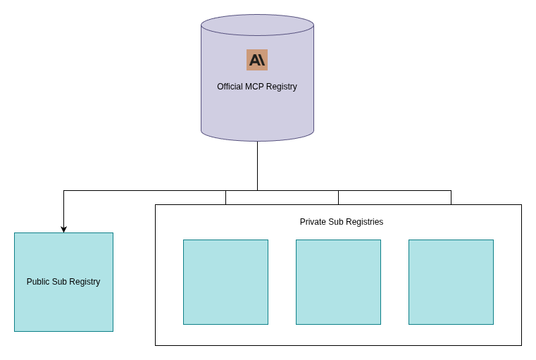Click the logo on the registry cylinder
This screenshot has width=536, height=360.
click(x=257, y=60)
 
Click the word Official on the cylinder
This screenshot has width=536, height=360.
click(x=230, y=87)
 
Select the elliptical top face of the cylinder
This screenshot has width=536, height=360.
click(x=257, y=25)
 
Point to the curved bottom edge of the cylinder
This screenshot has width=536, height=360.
click(x=257, y=140)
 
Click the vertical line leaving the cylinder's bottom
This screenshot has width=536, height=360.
click(x=257, y=166)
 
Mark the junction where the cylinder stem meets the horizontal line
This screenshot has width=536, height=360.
click(x=257, y=190)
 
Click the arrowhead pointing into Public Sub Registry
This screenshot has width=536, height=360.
click(x=63, y=229)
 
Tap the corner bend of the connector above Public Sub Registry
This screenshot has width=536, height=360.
click(x=63, y=190)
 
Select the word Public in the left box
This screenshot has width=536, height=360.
click(x=38, y=282)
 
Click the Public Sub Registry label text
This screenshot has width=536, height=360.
click(x=63, y=282)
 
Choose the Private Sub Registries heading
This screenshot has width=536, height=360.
click(x=342, y=222)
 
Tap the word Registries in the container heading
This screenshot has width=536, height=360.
click(x=366, y=222)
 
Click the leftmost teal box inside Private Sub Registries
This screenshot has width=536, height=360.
click(x=225, y=282)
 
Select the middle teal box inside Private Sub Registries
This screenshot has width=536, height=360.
click(x=338, y=282)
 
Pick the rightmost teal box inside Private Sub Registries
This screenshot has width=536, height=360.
click(x=451, y=282)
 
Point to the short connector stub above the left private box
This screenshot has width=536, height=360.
click(x=225, y=197)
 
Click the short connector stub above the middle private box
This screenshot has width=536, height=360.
click(x=338, y=197)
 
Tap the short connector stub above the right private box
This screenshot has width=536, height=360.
click(x=451, y=197)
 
